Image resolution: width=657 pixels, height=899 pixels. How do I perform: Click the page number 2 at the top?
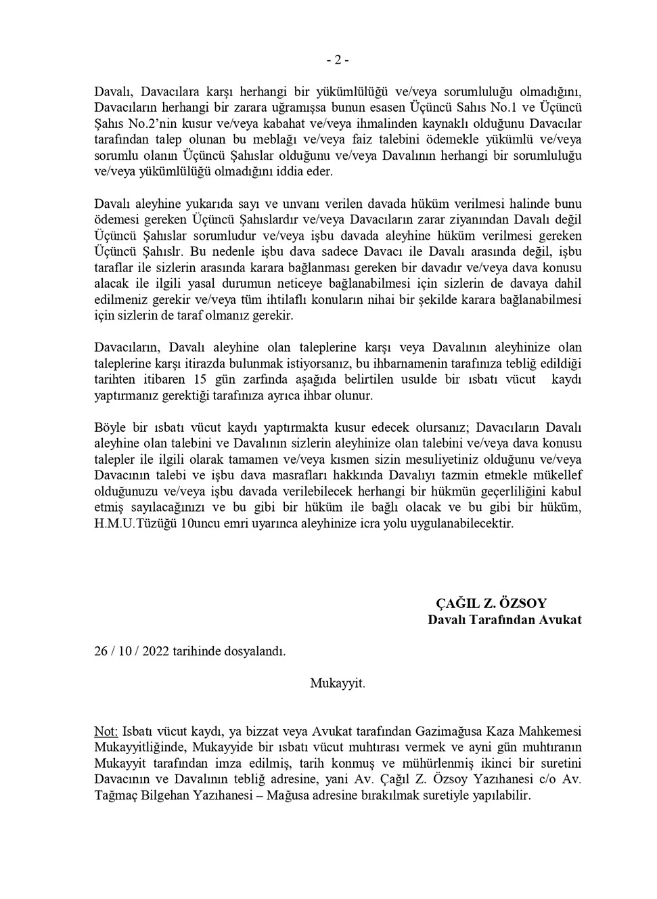pyautogui.click(x=338, y=60)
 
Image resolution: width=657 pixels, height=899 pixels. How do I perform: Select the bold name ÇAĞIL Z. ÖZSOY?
pyautogui.click(x=491, y=603)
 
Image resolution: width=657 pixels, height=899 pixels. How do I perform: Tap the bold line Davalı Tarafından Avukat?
pyautogui.click(x=504, y=619)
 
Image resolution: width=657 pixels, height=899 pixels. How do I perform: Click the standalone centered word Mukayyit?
pyautogui.click(x=338, y=683)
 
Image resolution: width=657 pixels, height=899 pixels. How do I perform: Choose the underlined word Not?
pyautogui.click(x=106, y=731)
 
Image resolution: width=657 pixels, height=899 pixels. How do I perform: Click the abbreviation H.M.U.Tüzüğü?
pyautogui.click(x=131, y=523)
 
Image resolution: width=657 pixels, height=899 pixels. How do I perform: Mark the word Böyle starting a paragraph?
pyautogui.click(x=110, y=428)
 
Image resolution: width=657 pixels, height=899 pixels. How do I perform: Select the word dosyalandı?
pyautogui.click(x=259, y=651)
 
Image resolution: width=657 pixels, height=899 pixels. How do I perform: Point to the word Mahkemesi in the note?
pyautogui.click(x=549, y=731)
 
